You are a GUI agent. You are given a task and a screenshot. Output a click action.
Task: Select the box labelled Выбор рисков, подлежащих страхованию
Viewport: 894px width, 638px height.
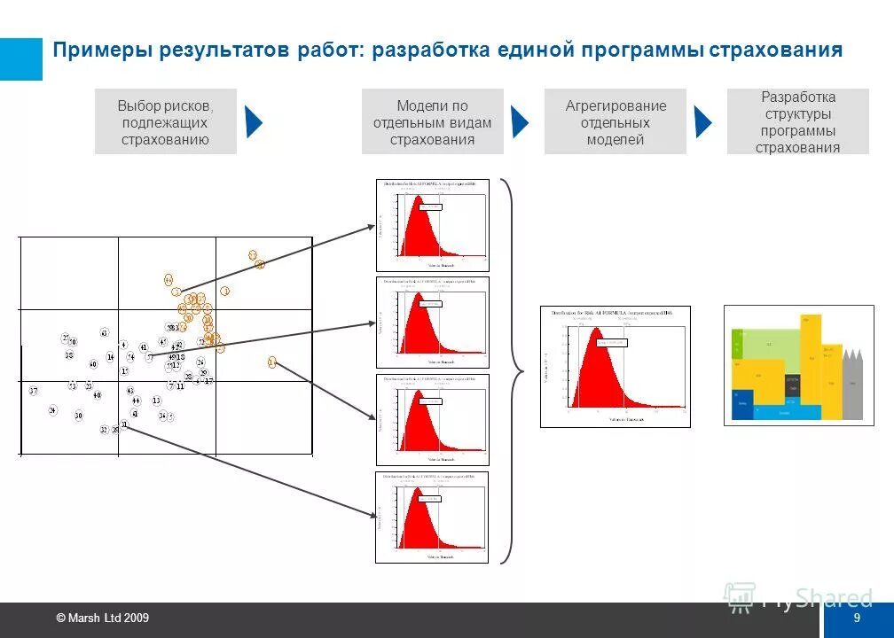coord(165,121)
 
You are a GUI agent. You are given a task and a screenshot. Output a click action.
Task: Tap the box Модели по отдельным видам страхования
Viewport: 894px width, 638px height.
coord(432,121)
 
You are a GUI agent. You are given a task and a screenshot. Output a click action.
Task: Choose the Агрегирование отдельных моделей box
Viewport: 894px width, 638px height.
coord(616,121)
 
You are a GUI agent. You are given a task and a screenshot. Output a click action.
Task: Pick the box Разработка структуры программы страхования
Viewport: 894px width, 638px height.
coord(797,121)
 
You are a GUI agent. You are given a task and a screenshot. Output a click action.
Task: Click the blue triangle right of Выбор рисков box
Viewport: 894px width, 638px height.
coord(254,121)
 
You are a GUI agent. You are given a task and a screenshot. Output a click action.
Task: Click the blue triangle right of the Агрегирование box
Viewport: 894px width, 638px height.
coord(702,121)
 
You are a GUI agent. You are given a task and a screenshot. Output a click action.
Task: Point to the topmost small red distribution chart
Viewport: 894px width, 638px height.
coord(432,225)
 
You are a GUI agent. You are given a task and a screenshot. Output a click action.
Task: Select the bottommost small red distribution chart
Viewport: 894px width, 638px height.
coord(432,517)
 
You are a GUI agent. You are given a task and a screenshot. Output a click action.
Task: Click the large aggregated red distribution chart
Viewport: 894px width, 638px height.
coord(615,367)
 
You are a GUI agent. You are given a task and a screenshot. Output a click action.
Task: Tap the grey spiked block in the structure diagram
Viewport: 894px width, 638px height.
coord(851,385)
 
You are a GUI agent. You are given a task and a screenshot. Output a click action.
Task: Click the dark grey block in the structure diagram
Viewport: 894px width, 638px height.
coord(792,383)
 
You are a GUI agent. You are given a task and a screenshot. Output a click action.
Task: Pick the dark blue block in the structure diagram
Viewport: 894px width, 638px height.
coord(742,405)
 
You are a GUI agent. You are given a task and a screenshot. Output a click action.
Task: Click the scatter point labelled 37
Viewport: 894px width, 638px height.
coord(33,391)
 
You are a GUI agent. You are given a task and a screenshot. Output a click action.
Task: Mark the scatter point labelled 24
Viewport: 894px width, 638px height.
coord(53,410)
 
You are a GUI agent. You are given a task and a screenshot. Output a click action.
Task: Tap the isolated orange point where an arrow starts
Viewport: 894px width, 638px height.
coord(271,362)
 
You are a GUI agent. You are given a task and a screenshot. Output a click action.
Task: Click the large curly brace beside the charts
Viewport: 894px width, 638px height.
coord(509,370)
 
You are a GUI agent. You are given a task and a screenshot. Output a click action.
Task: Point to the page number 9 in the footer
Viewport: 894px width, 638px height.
coord(857,618)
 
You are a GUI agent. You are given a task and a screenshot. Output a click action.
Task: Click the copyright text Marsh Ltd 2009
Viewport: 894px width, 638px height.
coord(102,618)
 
